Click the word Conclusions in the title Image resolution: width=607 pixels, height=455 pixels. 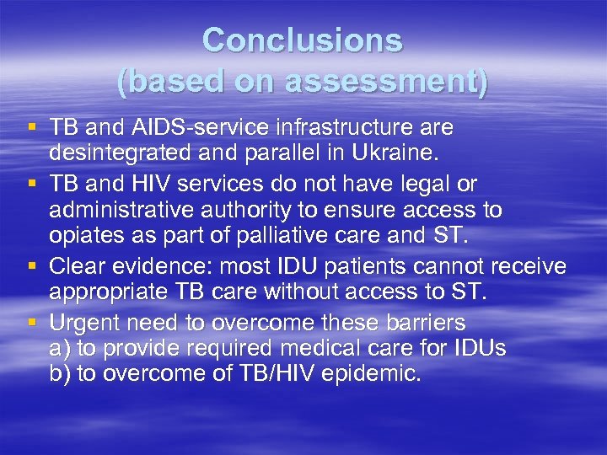point(303,40)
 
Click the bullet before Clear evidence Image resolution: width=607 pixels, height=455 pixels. point(32,267)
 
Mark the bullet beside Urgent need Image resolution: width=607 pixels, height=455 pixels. point(32,323)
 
